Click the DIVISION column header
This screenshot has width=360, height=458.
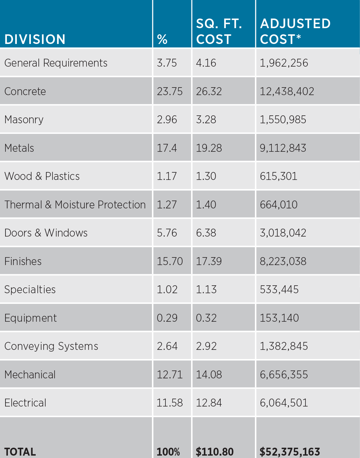pyautogui.click(x=35, y=39)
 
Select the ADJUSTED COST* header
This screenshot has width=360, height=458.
pyautogui.click(x=295, y=31)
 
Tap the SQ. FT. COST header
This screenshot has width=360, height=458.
pyautogui.click(x=219, y=31)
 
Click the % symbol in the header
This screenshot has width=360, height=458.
pyautogui.click(x=162, y=39)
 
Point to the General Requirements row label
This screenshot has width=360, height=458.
pyautogui.click(x=56, y=63)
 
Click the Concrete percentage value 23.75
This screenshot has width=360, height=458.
pyautogui.click(x=170, y=91)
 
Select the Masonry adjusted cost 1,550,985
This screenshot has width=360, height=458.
pyautogui.click(x=283, y=119)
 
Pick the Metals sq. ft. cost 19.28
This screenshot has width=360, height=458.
pyautogui.click(x=209, y=148)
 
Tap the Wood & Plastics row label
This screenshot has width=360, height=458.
pyautogui.click(x=42, y=176)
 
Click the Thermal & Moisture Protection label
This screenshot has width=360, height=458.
pyautogui.click(x=75, y=205)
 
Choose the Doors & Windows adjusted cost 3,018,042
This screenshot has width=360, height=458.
pyautogui.click(x=283, y=233)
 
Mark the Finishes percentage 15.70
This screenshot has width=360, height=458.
pyautogui.click(x=170, y=261)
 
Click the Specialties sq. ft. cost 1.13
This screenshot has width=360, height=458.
pyautogui.click(x=206, y=289)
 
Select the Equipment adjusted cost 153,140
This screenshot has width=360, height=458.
pyautogui.click(x=279, y=318)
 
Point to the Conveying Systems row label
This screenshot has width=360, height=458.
pyautogui.click(x=51, y=346)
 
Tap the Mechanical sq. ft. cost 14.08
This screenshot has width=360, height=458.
pyautogui.click(x=209, y=375)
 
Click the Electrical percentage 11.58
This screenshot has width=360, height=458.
pyautogui.click(x=170, y=403)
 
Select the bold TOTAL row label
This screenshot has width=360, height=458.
pyautogui.click(x=20, y=451)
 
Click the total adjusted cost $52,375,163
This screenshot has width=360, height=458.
pyautogui.click(x=290, y=451)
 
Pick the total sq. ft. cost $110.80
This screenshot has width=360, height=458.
pyautogui.click(x=214, y=451)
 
